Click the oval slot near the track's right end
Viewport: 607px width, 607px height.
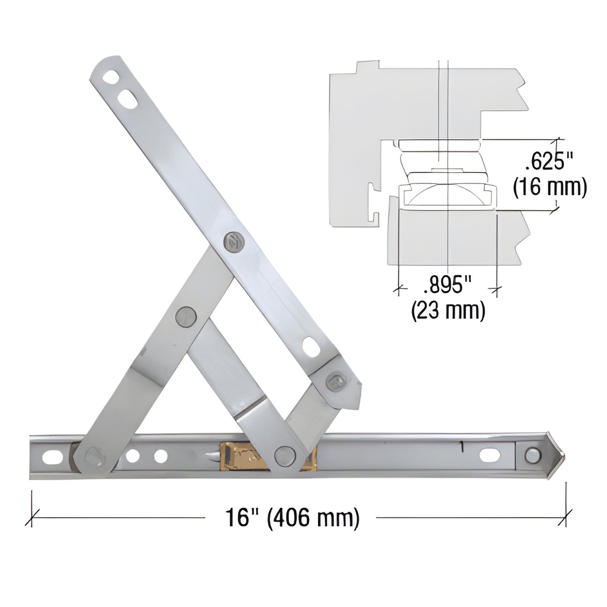(490, 455)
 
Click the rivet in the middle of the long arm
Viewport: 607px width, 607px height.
(232, 242)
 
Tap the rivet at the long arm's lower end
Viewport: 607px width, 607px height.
(335, 381)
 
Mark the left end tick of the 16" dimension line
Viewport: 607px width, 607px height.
(32, 517)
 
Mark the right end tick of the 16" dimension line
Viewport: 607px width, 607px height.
(565, 517)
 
